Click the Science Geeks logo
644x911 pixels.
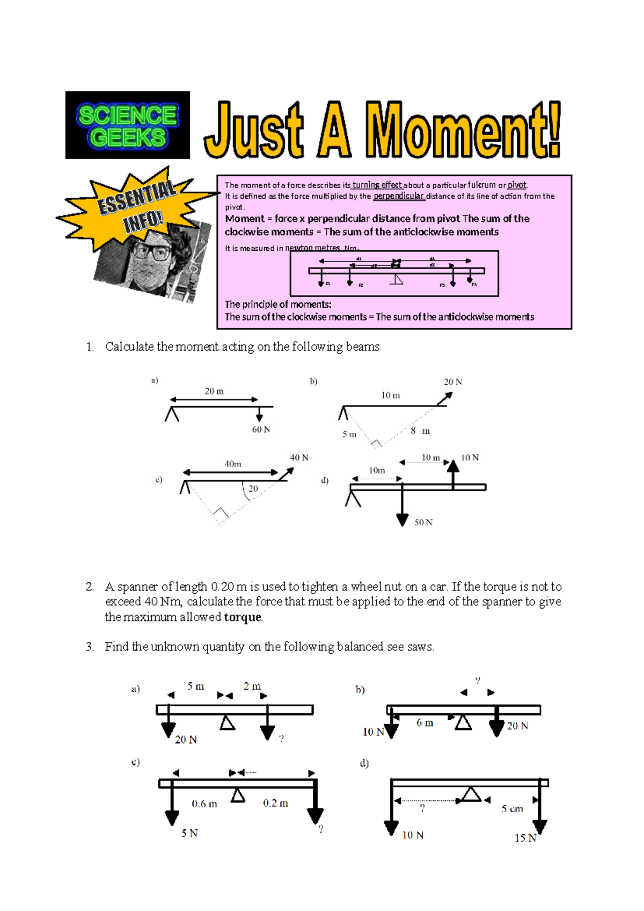pyautogui.click(x=127, y=125)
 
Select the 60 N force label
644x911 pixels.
pyautogui.click(x=261, y=430)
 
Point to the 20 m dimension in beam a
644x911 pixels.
pyautogui.click(x=214, y=392)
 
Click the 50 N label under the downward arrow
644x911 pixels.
pyautogui.click(x=423, y=522)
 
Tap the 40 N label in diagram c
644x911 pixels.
pyautogui.click(x=299, y=458)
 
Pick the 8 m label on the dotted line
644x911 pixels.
pyautogui.click(x=420, y=431)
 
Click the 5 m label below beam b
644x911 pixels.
pyautogui.click(x=349, y=434)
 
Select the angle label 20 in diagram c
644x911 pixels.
pyautogui.click(x=253, y=489)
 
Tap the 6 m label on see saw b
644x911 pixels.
pyautogui.click(x=425, y=723)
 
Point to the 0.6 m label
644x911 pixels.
pyautogui.click(x=204, y=804)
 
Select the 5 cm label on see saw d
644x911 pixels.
pyautogui.click(x=512, y=809)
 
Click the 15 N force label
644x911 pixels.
pyautogui.click(x=525, y=838)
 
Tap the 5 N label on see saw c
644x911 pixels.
pyautogui.click(x=189, y=833)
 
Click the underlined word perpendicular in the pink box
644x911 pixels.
pyautogui.click(x=399, y=196)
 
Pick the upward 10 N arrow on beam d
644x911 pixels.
pyautogui.click(x=453, y=473)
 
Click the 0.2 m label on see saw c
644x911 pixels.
pyautogui.click(x=275, y=803)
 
